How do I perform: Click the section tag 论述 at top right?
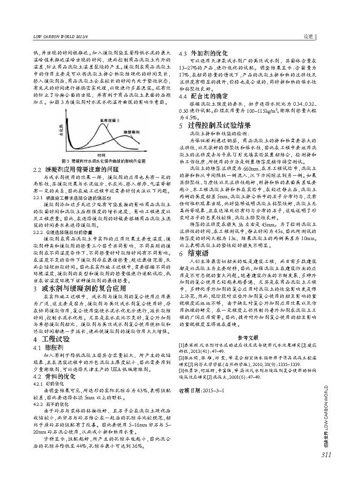pyautogui.click(x=308, y=36)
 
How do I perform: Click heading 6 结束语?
pyautogui.click(x=195, y=253)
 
